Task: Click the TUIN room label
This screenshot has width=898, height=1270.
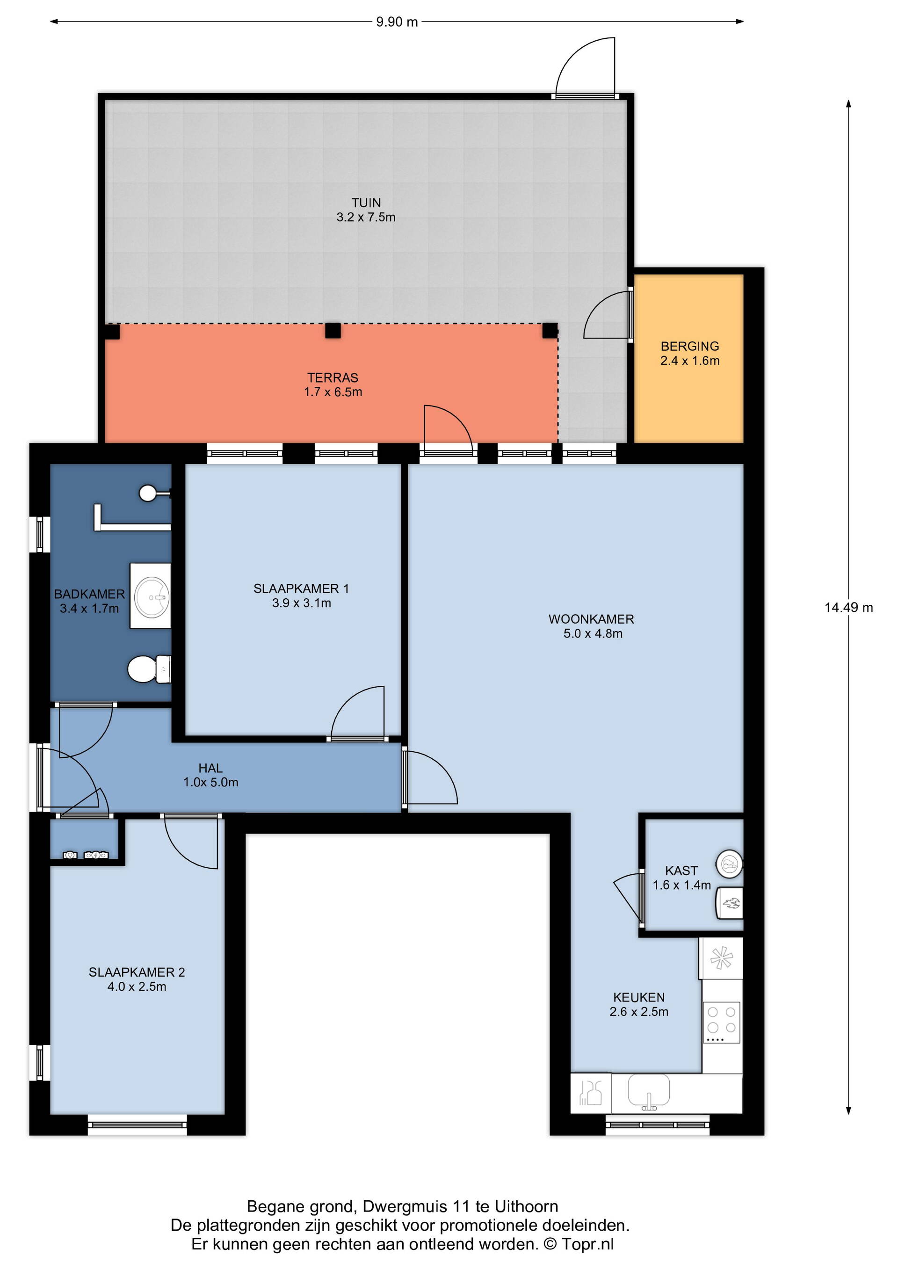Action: pyautogui.click(x=366, y=203)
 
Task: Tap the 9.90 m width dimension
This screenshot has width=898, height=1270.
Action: pyautogui.click(x=397, y=22)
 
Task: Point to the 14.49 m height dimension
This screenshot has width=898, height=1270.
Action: pyautogui.click(x=848, y=607)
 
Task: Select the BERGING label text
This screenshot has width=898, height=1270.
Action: pyautogui.click(x=689, y=346)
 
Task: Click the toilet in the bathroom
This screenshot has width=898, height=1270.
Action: pyautogui.click(x=149, y=669)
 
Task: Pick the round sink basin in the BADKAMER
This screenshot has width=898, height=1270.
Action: pyautogui.click(x=152, y=597)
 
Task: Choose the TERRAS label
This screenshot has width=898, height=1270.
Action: pyautogui.click(x=333, y=378)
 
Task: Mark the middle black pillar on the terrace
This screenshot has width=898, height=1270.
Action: pyautogui.click(x=333, y=331)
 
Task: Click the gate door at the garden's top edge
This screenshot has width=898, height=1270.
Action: pyautogui.click(x=586, y=67)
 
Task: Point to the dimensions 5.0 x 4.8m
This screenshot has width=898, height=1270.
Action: pyautogui.click(x=593, y=634)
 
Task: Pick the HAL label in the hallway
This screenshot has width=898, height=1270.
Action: pyautogui.click(x=210, y=768)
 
